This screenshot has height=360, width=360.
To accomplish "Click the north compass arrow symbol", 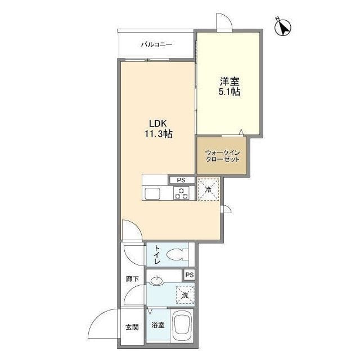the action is click(x=283, y=28).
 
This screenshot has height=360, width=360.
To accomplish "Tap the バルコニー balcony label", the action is click(x=156, y=44).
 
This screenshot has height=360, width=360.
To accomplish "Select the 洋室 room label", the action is click(x=229, y=82).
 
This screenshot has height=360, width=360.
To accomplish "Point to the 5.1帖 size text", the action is click(x=229, y=92).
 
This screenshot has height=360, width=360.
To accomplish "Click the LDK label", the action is click(x=157, y=124).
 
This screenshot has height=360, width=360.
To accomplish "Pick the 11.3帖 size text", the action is click(x=159, y=134).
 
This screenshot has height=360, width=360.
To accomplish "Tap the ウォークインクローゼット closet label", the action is click(x=222, y=156).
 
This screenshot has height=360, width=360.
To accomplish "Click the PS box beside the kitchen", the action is click(x=182, y=180).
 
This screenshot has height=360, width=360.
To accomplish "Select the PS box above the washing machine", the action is click(x=190, y=275).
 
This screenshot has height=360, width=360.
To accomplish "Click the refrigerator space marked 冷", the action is click(x=209, y=190).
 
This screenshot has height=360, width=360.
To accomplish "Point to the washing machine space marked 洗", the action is click(x=185, y=295).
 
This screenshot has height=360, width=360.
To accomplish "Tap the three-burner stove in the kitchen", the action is click(x=181, y=193).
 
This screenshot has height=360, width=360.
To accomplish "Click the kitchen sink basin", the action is click(x=152, y=193).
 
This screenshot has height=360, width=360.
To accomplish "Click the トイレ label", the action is click(x=157, y=254).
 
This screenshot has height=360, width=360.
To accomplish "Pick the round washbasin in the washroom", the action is click(x=157, y=281).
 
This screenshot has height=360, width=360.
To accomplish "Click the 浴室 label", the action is click(x=158, y=325).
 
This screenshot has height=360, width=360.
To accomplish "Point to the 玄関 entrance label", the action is click(x=132, y=327).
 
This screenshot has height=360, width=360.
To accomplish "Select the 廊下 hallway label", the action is click(x=132, y=279).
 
